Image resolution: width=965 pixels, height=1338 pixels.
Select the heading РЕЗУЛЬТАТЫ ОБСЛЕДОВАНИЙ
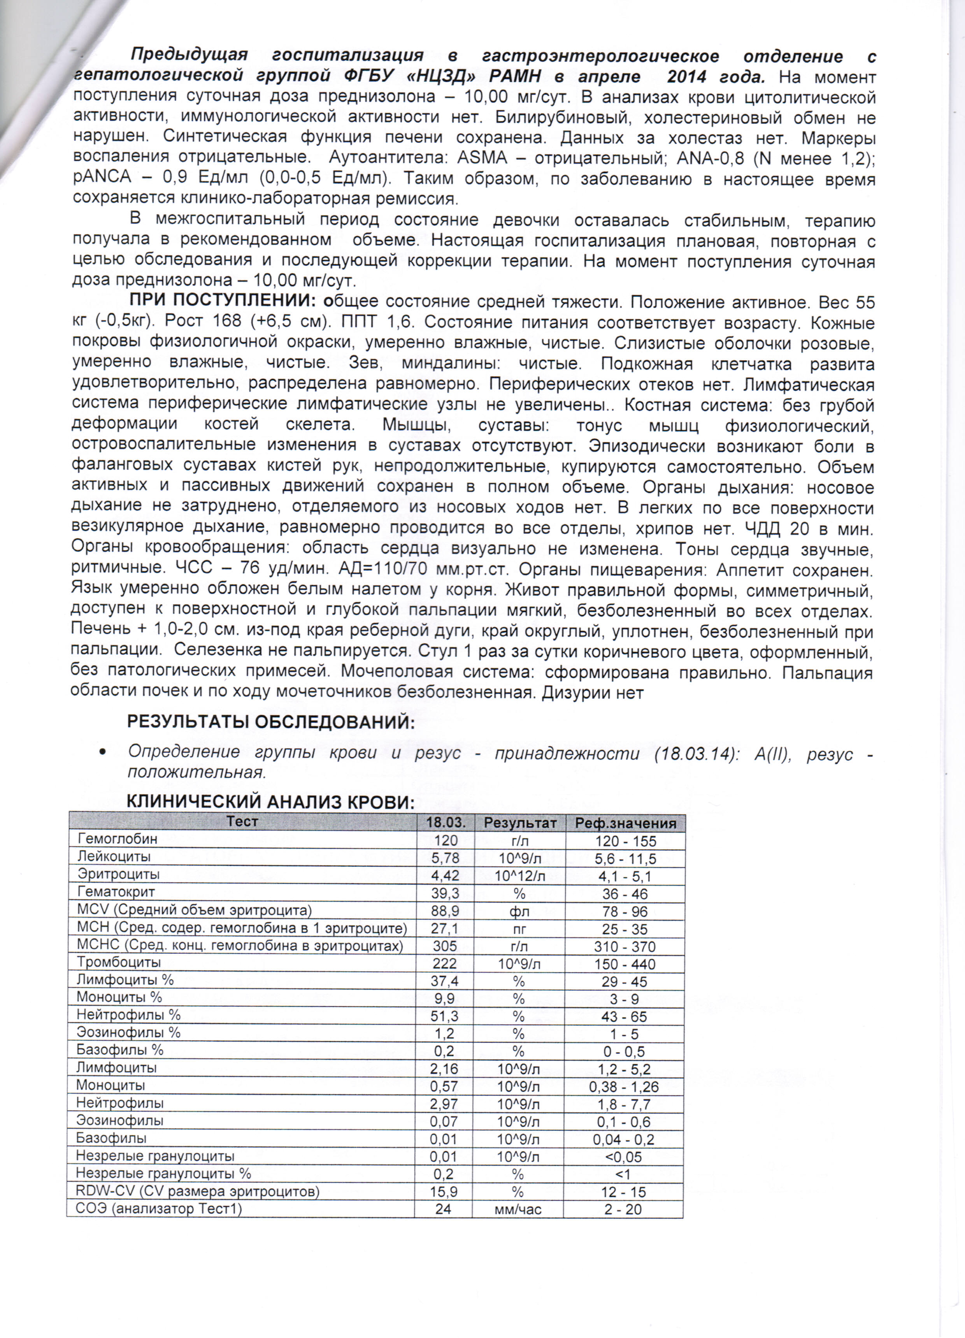[x=271, y=721]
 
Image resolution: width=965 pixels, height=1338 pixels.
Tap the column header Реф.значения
[x=625, y=823]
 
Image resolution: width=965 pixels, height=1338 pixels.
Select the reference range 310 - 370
[x=625, y=947]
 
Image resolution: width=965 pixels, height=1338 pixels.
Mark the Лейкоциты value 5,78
[x=445, y=858]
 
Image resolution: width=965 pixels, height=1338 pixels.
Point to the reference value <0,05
[x=623, y=1157]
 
